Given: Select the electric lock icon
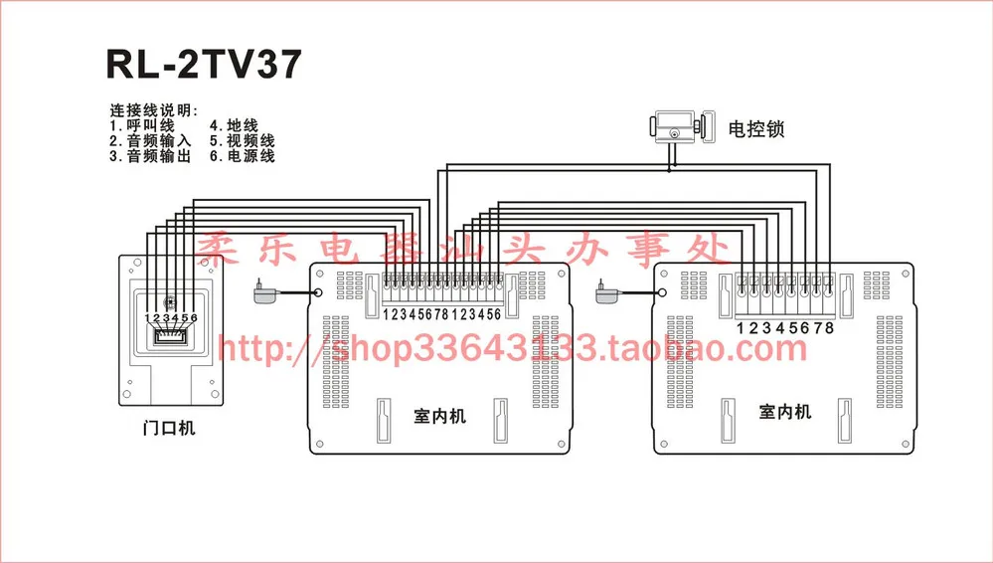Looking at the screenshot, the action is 677,128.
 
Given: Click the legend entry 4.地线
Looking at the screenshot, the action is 234,126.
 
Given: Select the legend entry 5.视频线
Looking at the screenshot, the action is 242,141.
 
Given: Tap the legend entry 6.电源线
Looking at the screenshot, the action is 242,156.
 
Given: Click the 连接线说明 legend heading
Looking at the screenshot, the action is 153,110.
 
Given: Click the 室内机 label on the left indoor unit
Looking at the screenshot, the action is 439,415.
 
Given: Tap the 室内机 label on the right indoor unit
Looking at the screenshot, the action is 785,411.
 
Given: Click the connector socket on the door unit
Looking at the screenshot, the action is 170,337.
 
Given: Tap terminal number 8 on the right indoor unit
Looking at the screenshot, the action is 829,327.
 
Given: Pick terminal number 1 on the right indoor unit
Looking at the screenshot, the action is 741,327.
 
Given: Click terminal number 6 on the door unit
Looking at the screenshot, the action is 194,318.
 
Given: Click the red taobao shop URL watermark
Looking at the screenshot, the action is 511,349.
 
